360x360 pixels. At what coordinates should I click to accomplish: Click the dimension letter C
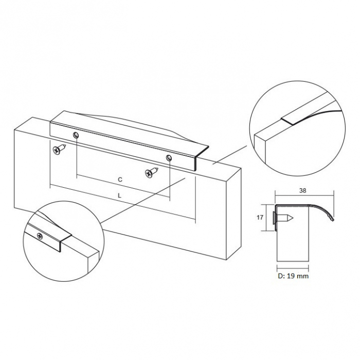coord(119,179)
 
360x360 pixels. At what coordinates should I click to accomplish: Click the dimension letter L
coord(119,196)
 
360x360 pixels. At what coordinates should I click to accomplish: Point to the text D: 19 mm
coord(294,276)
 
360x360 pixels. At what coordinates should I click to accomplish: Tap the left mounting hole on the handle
coord(76,135)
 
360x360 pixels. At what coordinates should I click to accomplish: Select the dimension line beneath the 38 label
coord(303,195)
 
